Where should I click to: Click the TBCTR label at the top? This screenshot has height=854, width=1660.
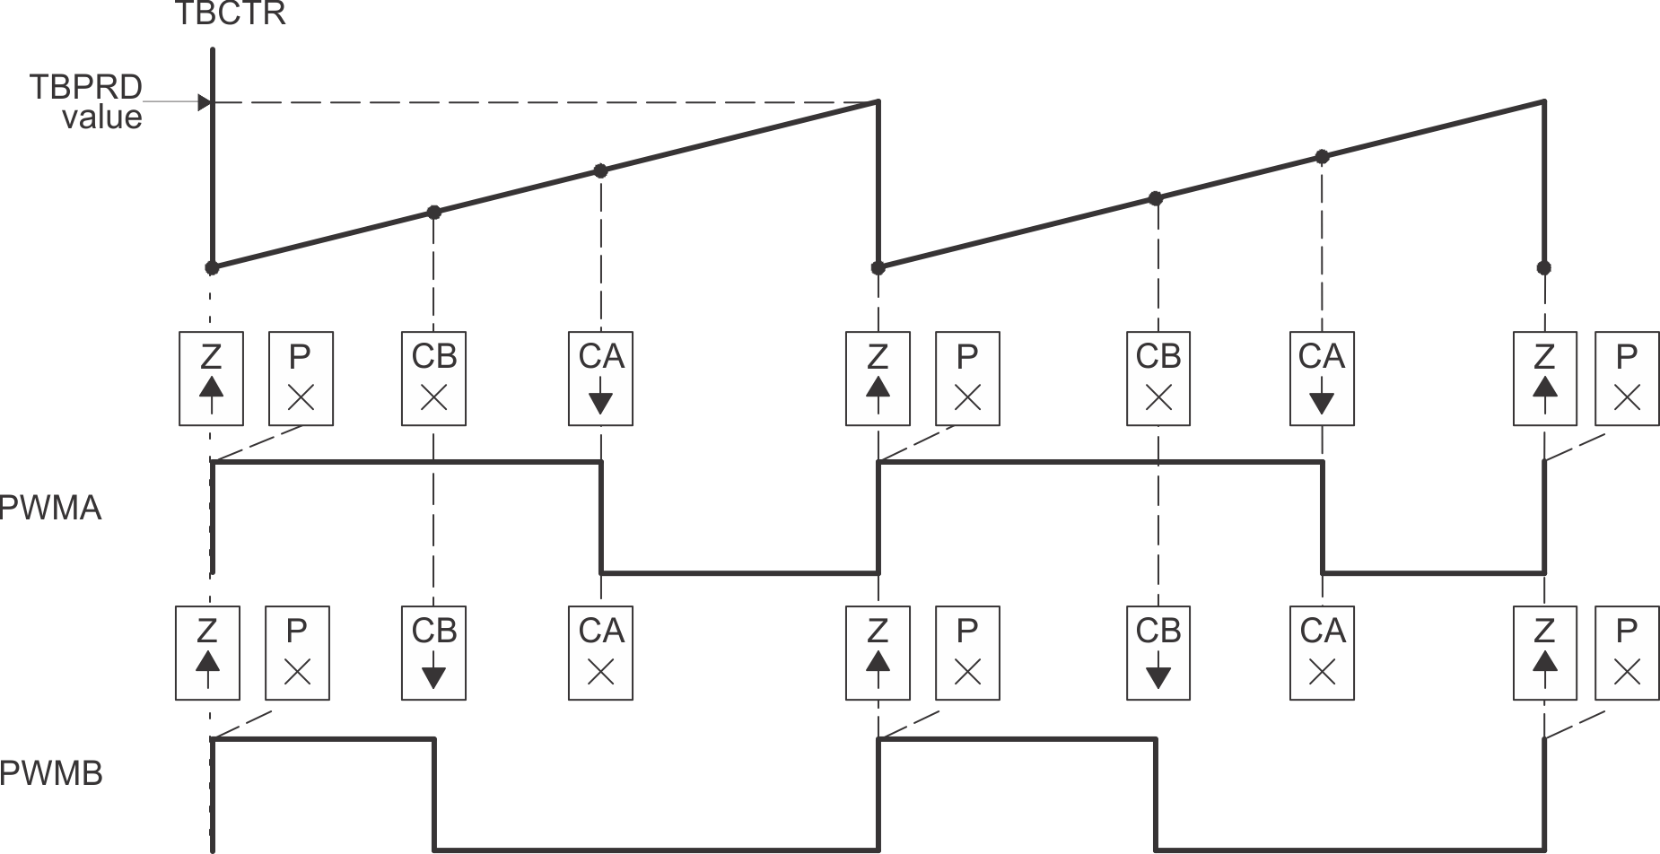pyautogui.click(x=231, y=14)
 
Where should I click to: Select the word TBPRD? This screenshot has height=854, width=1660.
pyautogui.click(x=86, y=87)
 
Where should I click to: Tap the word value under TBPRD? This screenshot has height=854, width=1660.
pyautogui.click(x=101, y=118)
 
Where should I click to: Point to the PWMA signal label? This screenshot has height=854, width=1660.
pyautogui.click(x=50, y=509)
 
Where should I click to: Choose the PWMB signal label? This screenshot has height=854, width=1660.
pyautogui.click(x=51, y=773)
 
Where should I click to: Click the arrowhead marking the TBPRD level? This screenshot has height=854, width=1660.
pyautogui.click(x=205, y=102)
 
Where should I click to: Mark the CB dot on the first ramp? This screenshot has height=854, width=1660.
pyautogui.click(x=434, y=213)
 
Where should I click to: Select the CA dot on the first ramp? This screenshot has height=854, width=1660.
pyautogui.click(x=601, y=170)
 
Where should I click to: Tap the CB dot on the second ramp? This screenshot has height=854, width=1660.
pyautogui.click(x=1156, y=198)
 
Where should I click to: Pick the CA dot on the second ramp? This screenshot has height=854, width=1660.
pyautogui.click(x=1322, y=156)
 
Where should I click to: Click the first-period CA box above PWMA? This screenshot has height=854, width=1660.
pyautogui.click(x=600, y=378)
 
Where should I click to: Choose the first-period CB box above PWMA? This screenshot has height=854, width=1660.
pyautogui.click(x=434, y=378)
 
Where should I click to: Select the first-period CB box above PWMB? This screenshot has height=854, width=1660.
pyautogui.click(x=434, y=652)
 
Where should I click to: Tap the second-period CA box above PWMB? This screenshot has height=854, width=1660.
pyautogui.click(x=1322, y=652)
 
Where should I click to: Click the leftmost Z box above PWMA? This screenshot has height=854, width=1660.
pyautogui.click(x=211, y=378)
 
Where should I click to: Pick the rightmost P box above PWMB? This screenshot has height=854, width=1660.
pyautogui.click(x=1627, y=652)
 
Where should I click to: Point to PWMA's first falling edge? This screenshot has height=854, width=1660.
pyautogui.click(x=601, y=517)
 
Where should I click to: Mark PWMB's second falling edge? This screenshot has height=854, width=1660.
pyautogui.click(x=1156, y=793)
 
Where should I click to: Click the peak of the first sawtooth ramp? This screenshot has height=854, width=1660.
pyautogui.click(x=878, y=102)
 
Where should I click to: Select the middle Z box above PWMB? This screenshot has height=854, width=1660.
pyautogui.click(x=878, y=652)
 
